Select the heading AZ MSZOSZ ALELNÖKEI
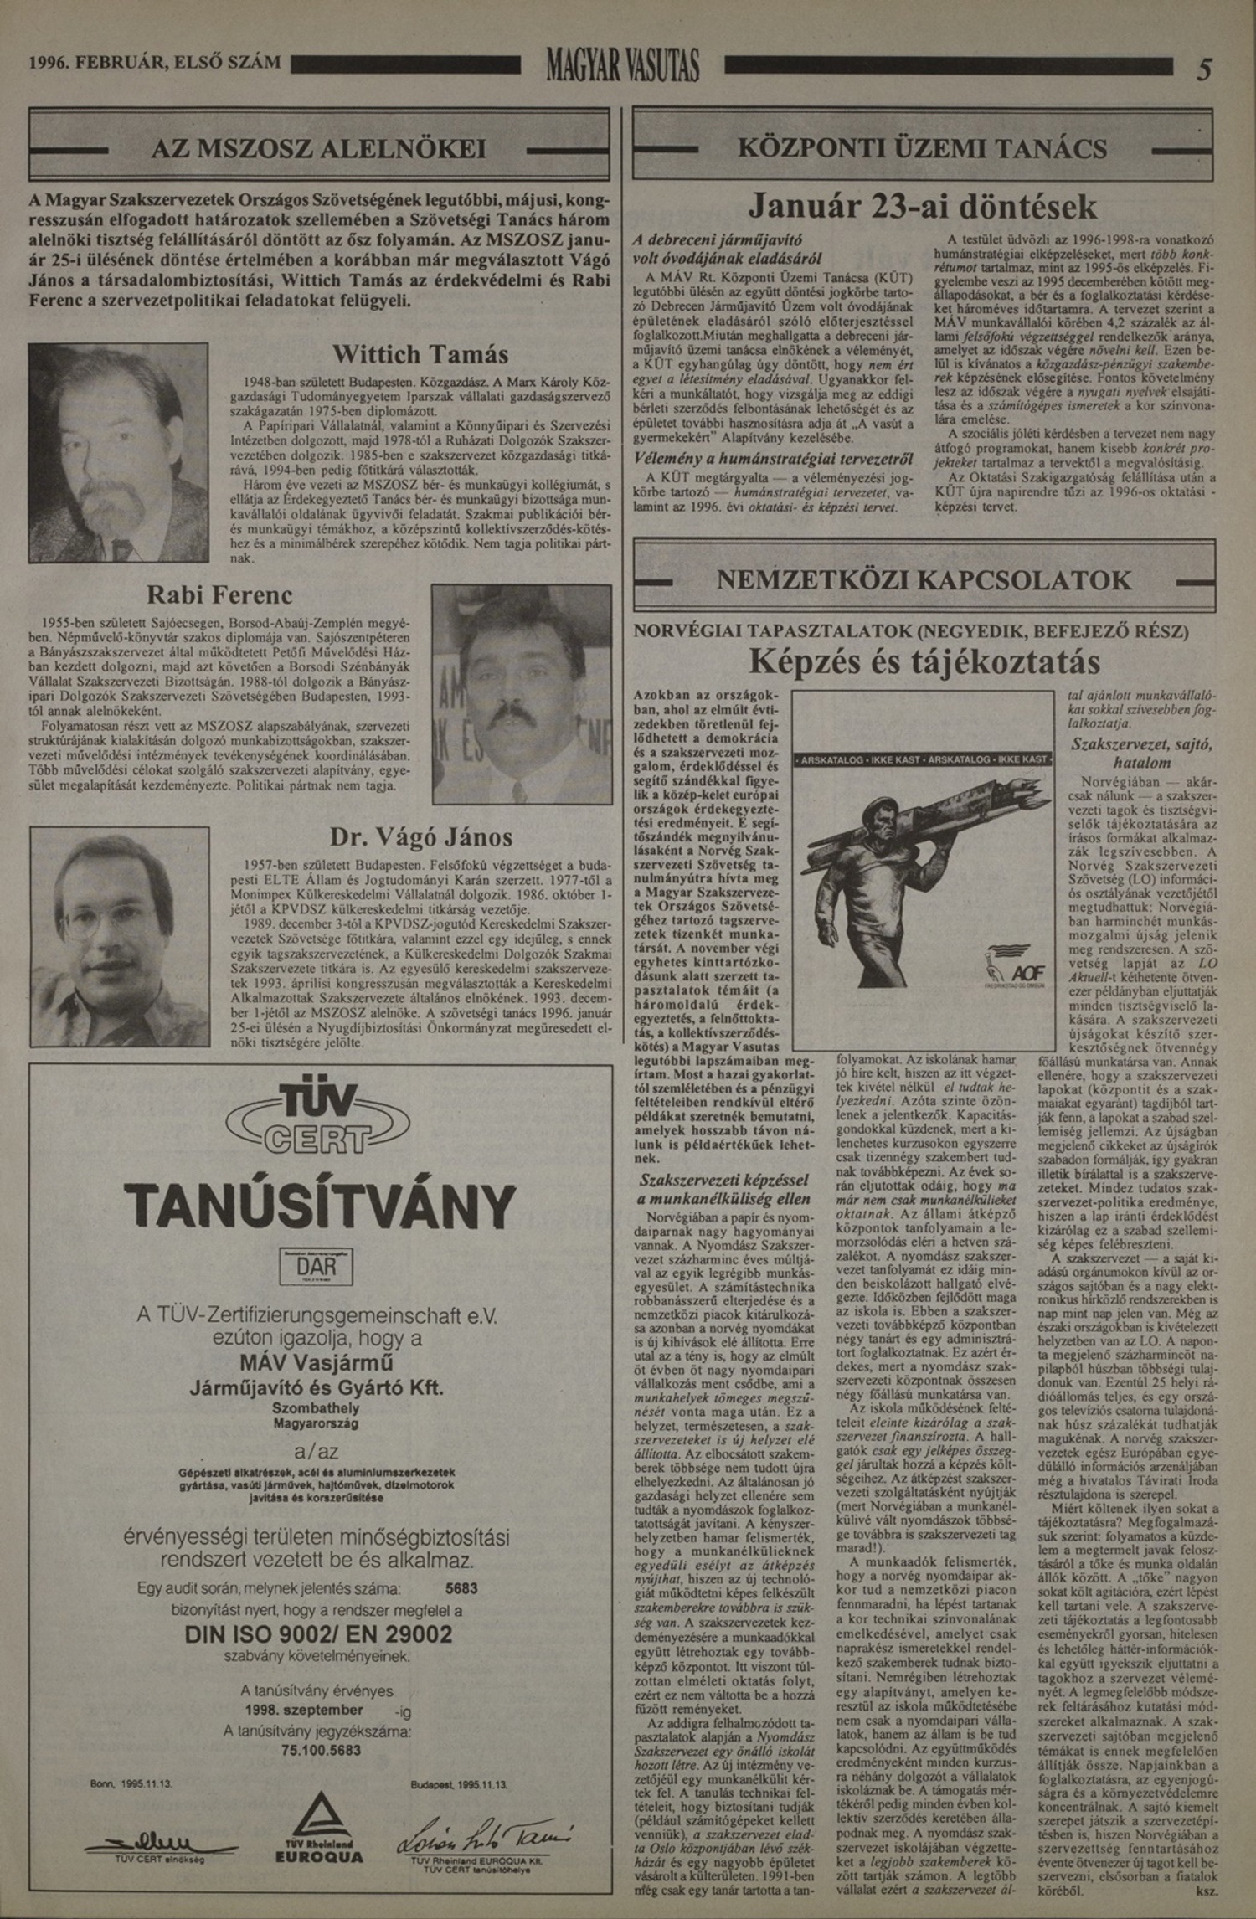pyautogui.click(x=319, y=149)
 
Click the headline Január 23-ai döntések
pyautogui.click(x=922, y=205)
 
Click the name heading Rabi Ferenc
pyautogui.click(x=220, y=595)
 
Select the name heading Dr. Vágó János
pyautogui.click(x=420, y=836)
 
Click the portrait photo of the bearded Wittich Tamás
pyautogui.click(x=118, y=452)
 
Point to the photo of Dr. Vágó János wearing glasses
pyautogui.click(x=120, y=936)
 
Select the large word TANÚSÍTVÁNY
pyautogui.click(x=319, y=1206)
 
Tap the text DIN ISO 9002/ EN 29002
pyautogui.click(x=317, y=1634)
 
